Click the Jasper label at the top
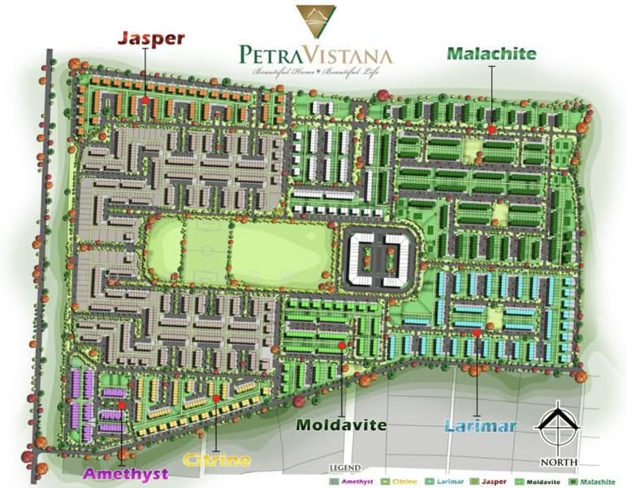click(152, 37)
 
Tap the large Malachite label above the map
click(491, 54)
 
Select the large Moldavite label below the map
click(341, 425)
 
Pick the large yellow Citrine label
click(217, 460)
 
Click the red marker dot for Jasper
click(145, 100)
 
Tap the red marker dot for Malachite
click(491, 129)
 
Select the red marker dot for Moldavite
click(341, 346)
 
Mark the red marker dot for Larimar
click(477, 333)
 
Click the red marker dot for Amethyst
click(121, 404)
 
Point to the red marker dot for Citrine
click(216, 398)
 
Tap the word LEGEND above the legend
click(344, 469)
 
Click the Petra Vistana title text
click(316, 55)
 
